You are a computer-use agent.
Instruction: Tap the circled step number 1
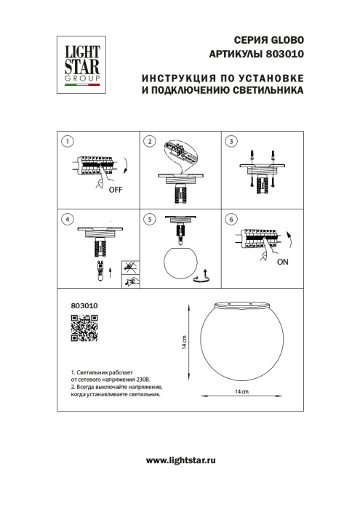coord(67,141)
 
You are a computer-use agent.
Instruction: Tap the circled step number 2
coord(149,141)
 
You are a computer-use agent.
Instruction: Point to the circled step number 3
coord(231,141)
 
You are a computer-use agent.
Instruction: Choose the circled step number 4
coord(67,219)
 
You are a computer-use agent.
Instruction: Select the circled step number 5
coord(149,219)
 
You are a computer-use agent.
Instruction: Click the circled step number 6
coord(231,219)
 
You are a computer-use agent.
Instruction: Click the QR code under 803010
coord(84,329)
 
